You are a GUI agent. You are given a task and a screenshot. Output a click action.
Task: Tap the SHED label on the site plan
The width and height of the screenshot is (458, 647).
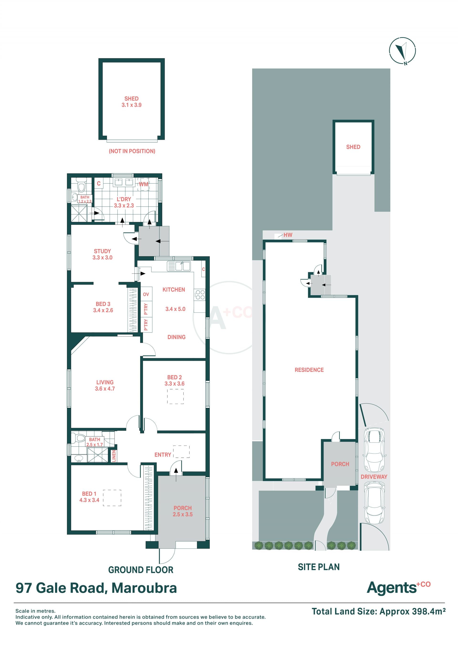[x=353, y=147]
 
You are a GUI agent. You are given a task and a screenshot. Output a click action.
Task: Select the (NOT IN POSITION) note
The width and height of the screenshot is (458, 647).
[x=132, y=151]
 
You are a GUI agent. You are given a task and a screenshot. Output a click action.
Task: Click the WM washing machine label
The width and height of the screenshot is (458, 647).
[x=144, y=184]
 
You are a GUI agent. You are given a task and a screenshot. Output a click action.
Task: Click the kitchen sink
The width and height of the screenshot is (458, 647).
[x=179, y=266]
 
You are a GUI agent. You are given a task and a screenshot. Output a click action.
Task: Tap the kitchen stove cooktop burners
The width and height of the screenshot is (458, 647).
[x=200, y=295]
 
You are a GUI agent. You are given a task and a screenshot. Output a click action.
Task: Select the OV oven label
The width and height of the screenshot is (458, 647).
[x=146, y=294]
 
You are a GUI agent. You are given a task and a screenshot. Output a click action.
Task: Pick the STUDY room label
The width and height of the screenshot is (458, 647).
[x=102, y=251]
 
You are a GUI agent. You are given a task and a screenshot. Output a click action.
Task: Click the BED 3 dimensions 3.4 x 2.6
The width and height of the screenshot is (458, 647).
[x=103, y=310]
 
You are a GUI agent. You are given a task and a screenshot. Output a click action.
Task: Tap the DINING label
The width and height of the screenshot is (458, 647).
[x=176, y=337]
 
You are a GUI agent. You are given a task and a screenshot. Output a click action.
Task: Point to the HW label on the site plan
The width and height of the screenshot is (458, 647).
[x=288, y=235]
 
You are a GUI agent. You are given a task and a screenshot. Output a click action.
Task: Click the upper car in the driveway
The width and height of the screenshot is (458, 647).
[x=374, y=450]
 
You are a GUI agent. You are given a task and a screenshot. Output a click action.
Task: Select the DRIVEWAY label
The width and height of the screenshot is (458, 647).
[x=374, y=477]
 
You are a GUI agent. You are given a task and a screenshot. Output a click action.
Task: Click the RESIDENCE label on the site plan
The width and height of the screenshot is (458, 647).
[x=309, y=370]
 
